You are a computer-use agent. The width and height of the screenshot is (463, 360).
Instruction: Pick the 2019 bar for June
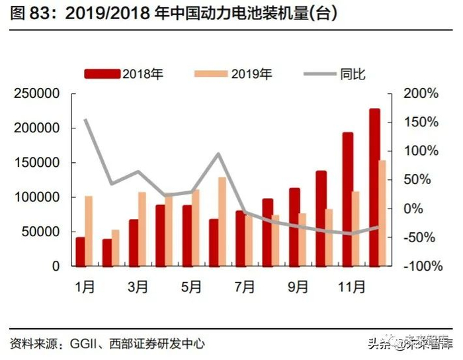coord(222,222)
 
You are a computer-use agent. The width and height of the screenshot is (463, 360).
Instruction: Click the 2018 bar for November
coord(348,199)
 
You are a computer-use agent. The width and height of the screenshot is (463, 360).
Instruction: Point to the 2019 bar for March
coord(142,229)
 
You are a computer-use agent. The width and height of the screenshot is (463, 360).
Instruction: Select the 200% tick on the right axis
coord(421,94)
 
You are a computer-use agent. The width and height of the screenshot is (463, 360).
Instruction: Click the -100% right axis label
coord(419,266)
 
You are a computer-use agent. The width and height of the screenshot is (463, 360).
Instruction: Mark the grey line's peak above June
coord(218,154)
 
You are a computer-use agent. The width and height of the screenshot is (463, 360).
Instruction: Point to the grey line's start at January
coord(85,120)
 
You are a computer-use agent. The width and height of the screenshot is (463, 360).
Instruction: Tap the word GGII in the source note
coord(84,343)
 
